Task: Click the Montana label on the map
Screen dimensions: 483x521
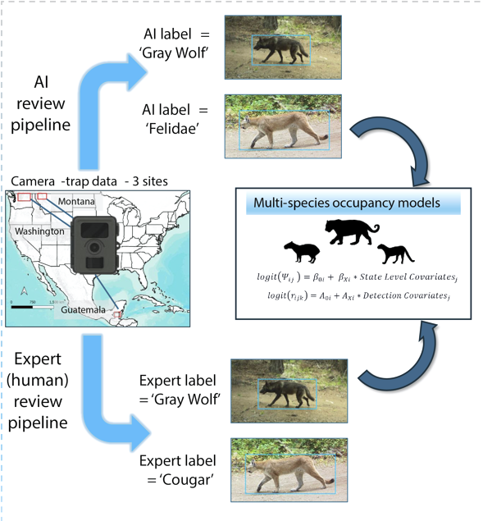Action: (76, 201)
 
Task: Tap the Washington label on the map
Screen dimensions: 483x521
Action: (39, 231)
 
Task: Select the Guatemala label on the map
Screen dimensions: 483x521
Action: (83, 310)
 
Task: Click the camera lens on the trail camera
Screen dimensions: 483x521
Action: (94, 247)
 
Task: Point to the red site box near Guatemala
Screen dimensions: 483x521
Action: (117, 314)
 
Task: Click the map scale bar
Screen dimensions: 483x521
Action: (32, 307)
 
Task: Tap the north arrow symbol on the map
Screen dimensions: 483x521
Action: (24, 290)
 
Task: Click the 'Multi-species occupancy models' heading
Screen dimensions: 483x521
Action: (347, 203)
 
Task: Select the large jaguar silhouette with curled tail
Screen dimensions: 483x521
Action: (352, 232)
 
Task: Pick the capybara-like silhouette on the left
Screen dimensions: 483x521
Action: (302, 252)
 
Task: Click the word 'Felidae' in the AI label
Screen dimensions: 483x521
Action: (173, 128)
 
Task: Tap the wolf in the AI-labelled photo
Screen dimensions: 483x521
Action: (281, 50)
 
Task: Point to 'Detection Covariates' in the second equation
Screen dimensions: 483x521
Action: (406, 295)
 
